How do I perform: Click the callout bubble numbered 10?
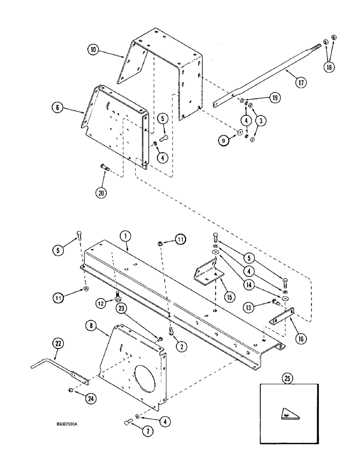click(93, 49)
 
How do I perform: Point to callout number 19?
click(275, 98)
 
